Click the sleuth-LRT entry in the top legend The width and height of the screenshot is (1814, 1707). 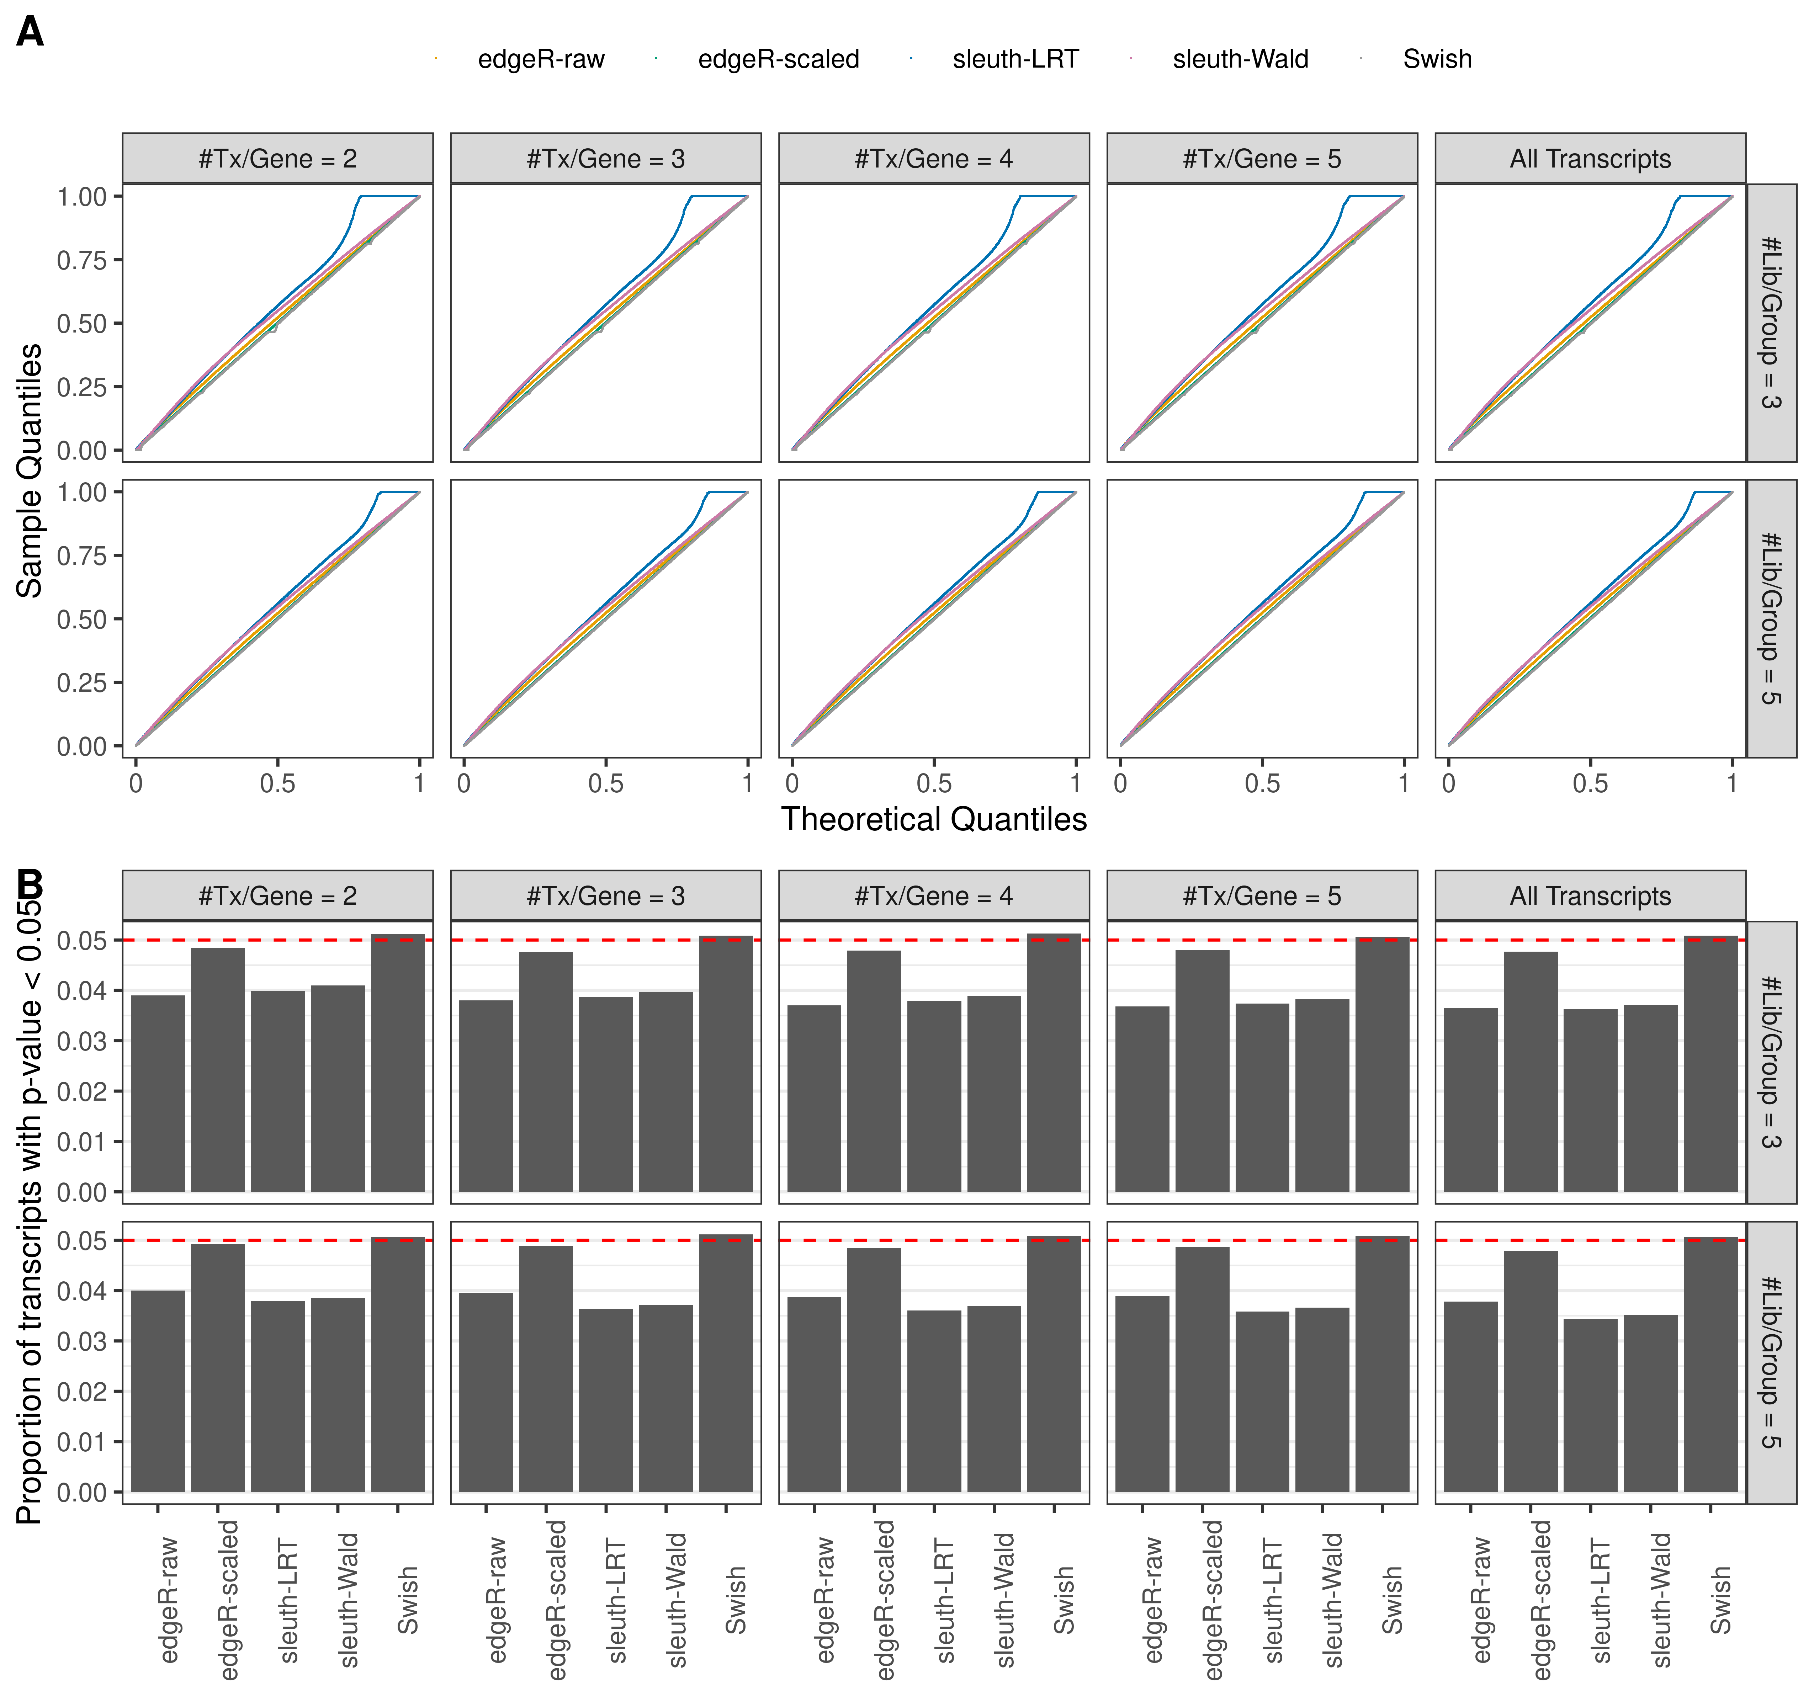[x=1015, y=59]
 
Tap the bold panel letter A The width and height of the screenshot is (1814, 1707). [x=30, y=34]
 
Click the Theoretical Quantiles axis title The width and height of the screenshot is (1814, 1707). [x=933, y=819]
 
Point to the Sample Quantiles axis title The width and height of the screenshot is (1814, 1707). [x=30, y=471]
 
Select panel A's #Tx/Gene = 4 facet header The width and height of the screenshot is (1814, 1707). [x=933, y=159]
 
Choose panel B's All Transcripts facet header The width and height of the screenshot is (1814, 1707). [x=1590, y=896]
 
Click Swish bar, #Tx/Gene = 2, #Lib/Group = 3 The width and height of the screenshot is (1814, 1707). [x=398, y=1063]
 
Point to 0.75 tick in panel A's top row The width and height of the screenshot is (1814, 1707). [x=82, y=260]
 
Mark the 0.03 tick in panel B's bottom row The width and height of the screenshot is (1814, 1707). [x=82, y=1341]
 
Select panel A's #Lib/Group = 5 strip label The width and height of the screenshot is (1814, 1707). [x=1770, y=618]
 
